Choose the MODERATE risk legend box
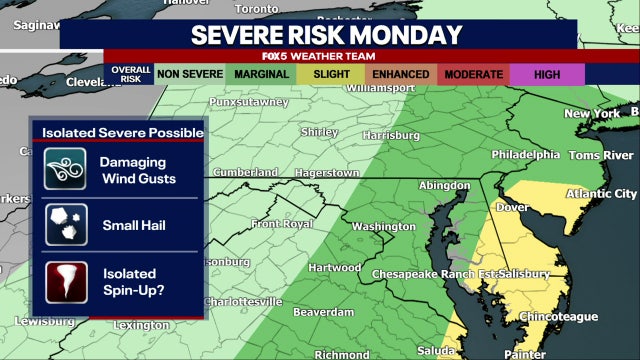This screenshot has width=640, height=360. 473,74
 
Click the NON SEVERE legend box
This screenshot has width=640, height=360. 189,74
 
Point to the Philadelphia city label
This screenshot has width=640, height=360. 525,155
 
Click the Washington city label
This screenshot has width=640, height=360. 383,227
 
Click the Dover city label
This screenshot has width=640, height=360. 512,208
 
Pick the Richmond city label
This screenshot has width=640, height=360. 341,354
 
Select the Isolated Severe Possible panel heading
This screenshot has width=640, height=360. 122,132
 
